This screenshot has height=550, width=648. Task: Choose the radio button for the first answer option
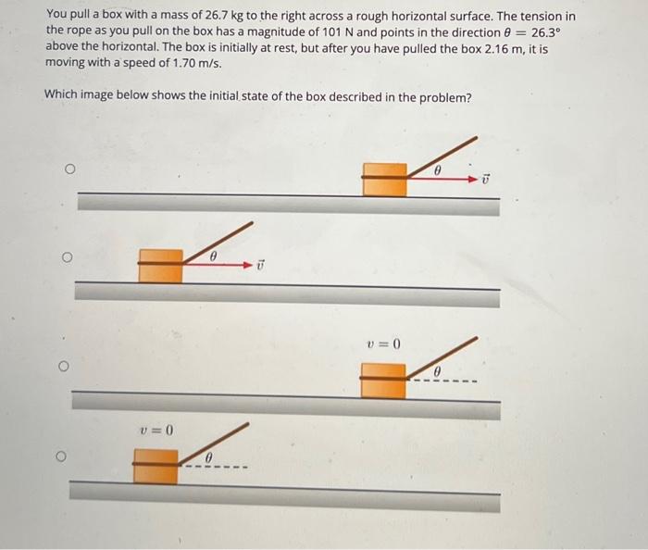point(68,169)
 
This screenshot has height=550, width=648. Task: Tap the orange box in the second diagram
point(160,264)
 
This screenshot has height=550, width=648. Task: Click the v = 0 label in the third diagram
point(383,344)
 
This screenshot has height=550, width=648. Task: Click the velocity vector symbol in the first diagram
point(487,178)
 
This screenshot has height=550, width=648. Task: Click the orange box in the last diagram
point(156,465)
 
